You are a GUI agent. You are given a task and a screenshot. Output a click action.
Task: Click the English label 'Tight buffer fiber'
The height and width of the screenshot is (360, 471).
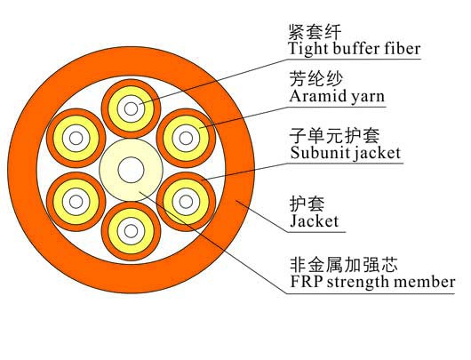tap(355, 49)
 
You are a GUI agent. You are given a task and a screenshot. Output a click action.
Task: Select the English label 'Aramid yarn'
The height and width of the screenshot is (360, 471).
tap(337, 97)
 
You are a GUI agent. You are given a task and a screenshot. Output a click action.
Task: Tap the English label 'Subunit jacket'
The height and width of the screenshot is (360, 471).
tap(346, 153)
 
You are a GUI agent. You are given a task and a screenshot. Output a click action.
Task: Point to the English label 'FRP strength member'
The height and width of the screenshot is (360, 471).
tap(372, 282)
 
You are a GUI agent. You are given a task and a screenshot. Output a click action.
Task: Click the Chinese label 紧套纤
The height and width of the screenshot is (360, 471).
tap(315, 32)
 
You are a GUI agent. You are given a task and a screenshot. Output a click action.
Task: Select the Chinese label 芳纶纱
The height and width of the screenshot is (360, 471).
tap(316, 79)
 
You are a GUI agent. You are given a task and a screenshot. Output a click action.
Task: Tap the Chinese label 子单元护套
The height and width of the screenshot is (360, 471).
tap(334, 135)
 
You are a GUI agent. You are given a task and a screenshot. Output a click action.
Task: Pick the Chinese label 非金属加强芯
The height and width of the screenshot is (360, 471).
tap(344, 265)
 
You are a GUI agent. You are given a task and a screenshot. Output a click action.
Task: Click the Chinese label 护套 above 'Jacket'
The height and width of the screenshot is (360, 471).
tap(307, 204)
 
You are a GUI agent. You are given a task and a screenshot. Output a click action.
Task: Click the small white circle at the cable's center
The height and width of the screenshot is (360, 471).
tap(131, 170)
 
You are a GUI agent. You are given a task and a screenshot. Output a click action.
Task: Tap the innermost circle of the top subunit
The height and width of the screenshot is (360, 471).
tap(131, 108)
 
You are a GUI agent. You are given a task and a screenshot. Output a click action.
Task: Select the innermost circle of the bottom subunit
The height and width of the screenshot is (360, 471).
tap(131, 231)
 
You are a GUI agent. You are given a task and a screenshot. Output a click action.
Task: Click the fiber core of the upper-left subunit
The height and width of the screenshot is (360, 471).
tap(76, 139)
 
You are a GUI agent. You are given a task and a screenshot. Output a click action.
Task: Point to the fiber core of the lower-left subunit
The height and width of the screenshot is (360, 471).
tap(76, 202)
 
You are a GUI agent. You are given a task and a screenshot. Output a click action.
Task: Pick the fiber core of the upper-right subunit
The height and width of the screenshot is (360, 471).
tap(186, 139)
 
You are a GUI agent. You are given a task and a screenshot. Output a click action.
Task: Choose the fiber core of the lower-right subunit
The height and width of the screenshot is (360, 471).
tap(186, 202)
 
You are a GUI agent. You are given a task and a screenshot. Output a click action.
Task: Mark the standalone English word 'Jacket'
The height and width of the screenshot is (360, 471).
tap(315, 221)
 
